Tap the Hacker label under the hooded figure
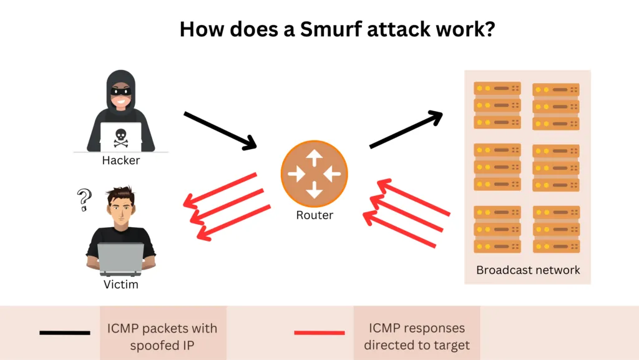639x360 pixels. pos(121,161)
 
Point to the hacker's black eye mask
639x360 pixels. pos(120,91)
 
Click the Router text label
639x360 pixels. pos(315,215)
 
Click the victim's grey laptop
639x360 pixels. pos(121,259)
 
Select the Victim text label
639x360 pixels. pos(120,285)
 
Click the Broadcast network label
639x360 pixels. pos(528,270)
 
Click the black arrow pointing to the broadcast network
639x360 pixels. pos(406,130)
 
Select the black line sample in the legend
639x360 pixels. pos(65,333)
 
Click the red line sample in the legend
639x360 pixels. pos(318,333)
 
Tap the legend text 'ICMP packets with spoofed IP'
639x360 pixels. pos(163,336)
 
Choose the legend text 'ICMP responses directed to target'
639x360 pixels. pos(416,336)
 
